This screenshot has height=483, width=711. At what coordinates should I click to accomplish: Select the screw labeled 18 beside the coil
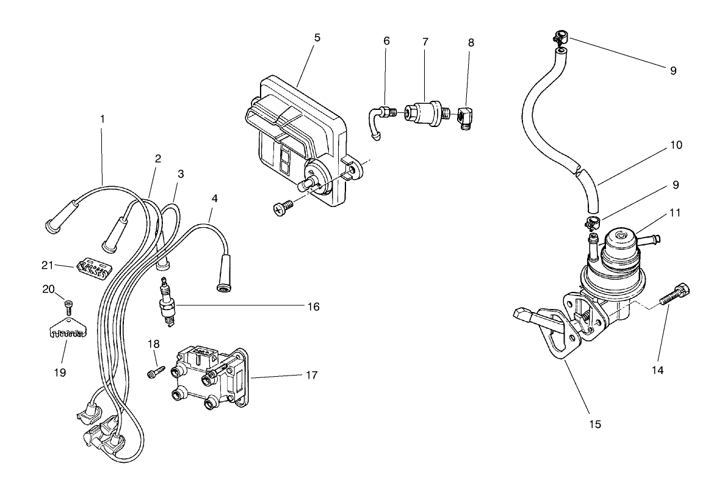tap(155, 371)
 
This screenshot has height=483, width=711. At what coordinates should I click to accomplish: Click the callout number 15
tap(596, 423)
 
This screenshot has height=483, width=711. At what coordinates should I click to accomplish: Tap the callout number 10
tap(676, 145)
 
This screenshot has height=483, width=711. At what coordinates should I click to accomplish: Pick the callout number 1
tap(102, 119)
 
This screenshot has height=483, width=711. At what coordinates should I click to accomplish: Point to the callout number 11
tap(676, 213)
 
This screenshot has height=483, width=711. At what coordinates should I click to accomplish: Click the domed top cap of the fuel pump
tap(623, 240)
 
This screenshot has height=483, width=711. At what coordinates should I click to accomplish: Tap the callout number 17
tap(311, 375)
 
